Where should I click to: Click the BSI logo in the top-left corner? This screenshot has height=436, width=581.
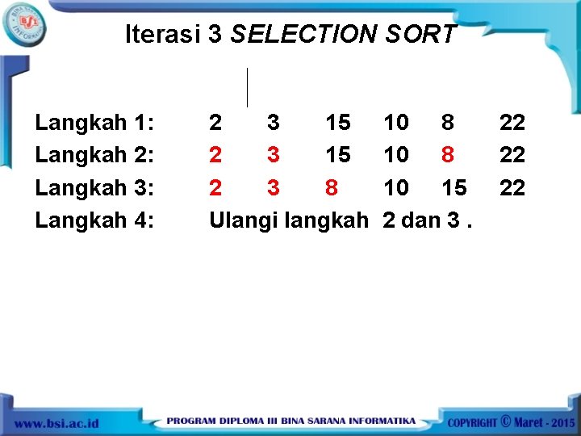coord(24,23)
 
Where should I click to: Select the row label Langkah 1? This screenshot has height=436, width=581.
coord(94,123)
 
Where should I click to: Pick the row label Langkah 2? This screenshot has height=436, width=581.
coord(94,155)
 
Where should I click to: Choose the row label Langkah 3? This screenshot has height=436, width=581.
coord(94,187)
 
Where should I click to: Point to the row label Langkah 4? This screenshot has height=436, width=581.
coord(94,220)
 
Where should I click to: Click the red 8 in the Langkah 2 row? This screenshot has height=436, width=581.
coord(448,155)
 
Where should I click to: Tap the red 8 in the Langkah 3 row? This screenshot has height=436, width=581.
coord(331,187)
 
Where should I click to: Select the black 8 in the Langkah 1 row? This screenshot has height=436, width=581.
coord(448,123)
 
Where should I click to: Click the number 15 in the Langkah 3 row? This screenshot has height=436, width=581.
coord(454,187)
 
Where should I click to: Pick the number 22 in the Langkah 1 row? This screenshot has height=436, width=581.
coord(512,123)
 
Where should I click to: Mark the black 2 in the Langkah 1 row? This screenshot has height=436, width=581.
coord(215,123)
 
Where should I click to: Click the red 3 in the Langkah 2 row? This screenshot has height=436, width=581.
coord(274,155)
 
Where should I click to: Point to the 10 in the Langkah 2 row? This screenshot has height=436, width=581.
coord(395,155)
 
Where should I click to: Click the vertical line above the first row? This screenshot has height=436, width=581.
coord(247,87)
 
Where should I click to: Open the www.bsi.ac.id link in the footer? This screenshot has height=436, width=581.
coord(56,423)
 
